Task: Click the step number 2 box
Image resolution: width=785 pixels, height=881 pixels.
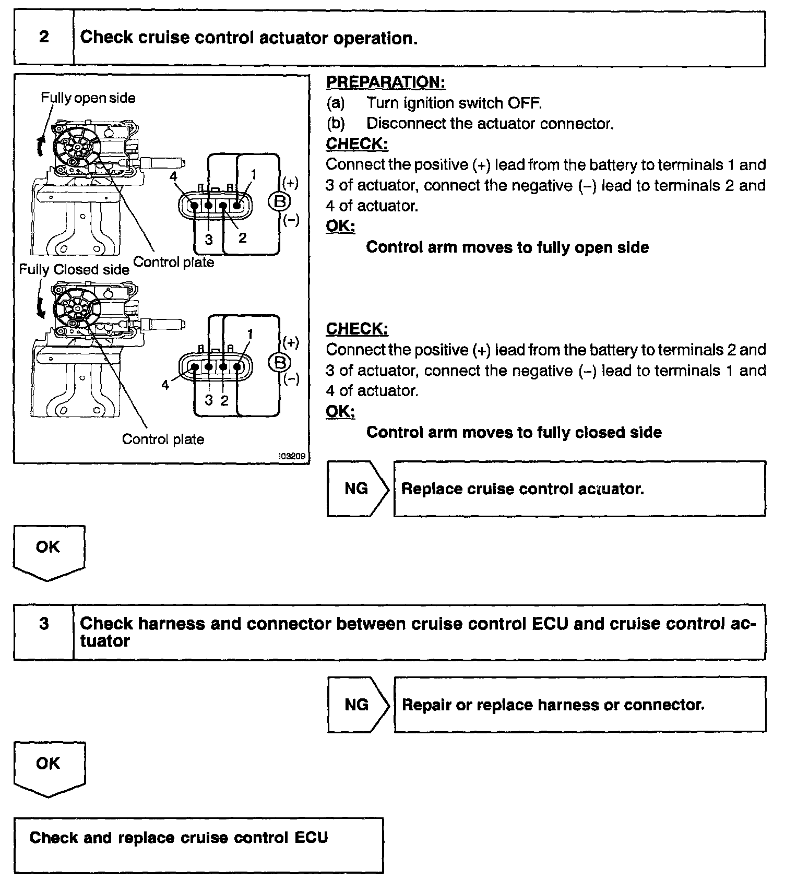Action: [44, 38]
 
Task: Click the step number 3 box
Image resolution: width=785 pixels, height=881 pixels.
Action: [44, 624]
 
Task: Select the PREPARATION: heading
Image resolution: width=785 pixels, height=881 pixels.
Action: [386, 82]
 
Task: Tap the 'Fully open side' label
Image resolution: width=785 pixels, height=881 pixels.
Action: [88, 98]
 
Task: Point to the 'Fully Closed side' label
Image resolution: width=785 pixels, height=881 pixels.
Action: [74, 269]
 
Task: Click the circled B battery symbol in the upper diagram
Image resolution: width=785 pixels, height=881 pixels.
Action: [280, 202]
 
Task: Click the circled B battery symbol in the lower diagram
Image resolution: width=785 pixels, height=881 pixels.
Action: [280, 362]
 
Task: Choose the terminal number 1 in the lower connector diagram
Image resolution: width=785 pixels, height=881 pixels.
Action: [250, 334]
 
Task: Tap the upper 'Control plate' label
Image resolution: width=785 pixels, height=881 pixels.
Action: [174, 262]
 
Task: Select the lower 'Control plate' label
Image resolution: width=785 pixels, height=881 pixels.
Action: [163, 439]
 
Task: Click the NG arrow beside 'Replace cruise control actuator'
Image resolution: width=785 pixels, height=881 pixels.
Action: [358, 489]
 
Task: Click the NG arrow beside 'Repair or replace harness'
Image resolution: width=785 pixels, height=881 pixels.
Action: [358, 705]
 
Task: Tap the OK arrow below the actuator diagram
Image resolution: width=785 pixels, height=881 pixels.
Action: [49, 551]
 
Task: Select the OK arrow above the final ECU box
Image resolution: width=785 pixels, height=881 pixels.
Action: [49, 767]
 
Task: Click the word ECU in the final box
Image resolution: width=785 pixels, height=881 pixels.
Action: [311, 838]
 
